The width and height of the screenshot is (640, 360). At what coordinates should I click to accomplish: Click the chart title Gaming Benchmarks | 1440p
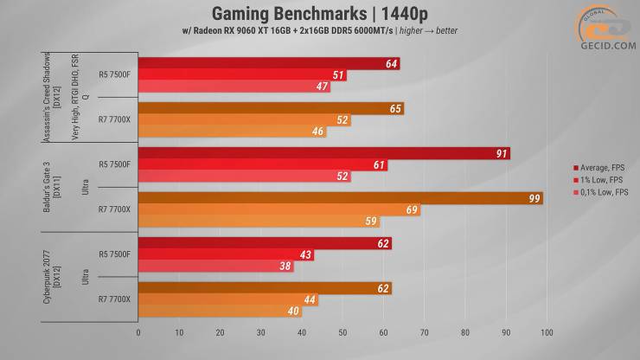click(319, 13)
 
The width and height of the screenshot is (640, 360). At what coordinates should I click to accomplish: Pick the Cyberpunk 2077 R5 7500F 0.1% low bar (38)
click(216, 266)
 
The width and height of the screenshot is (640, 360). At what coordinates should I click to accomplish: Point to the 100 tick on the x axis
click(547, 331)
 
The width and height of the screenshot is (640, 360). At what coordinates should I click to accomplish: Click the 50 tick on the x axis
click(342, 331)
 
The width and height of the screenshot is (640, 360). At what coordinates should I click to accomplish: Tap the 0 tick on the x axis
click(138, 331)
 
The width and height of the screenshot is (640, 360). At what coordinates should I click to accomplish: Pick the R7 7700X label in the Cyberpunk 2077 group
click(114, 299)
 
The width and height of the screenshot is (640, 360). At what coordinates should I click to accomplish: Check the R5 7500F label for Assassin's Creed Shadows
click(114, 74)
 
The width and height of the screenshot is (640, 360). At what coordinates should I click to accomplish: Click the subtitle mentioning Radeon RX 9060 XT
click(319, 31)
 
